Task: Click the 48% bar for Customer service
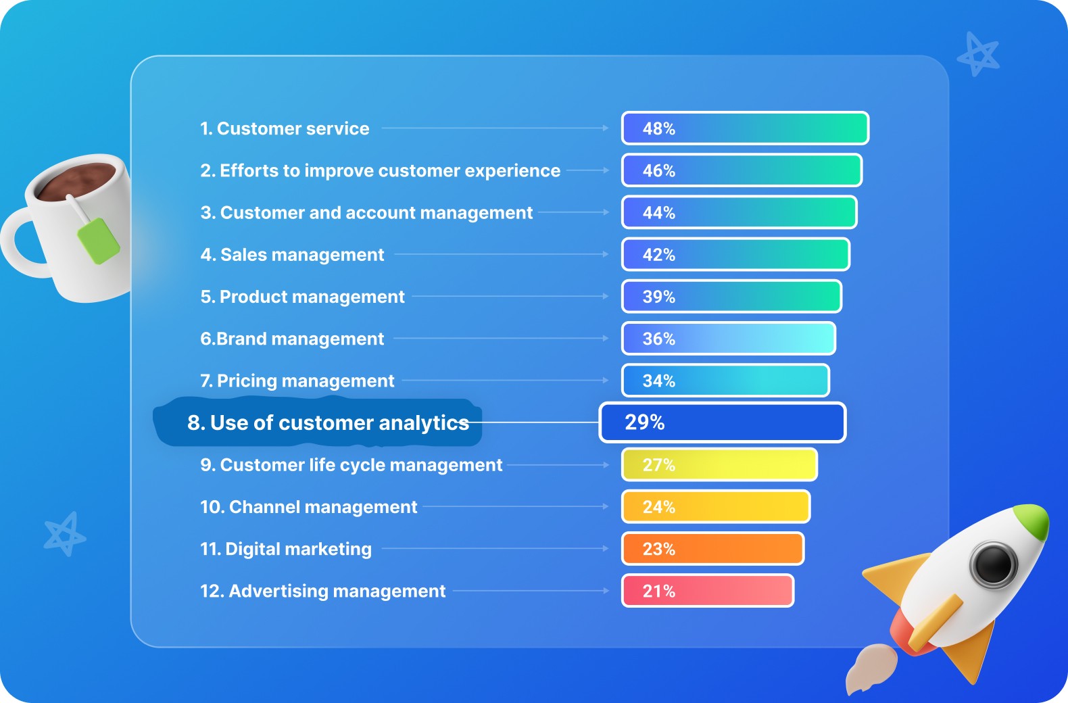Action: click(x=745, y=128)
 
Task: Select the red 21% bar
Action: click(x=708, y=591)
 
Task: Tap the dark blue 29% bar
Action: click(x=722, y=422)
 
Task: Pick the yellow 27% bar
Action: click(x=719, y=465)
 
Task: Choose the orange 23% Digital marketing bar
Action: click(x=712, y=549)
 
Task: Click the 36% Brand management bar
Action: click(x=729, y=339)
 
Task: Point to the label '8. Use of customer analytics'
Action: click(x=328, y=423)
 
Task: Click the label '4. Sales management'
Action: click(x=292, y=255)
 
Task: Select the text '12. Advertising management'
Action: click(x=322, y=591)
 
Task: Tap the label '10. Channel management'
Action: click(x=308, y=507)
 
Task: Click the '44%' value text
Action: click(x=659, y=213)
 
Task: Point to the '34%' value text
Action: click(x=659, y=381)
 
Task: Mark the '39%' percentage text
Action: click(x=659, y=297)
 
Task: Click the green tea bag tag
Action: click(x=99, y=241)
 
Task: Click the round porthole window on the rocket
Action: click(x=993, y=564)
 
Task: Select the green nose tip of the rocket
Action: click(x=1033, y=518)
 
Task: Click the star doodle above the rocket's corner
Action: click(x=978, y=54)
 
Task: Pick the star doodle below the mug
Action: click(x=64, y=534)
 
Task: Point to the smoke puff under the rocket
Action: click(x=871, y=667)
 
